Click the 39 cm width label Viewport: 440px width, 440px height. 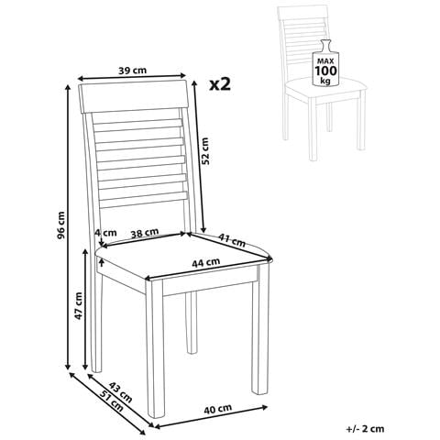pos(132,71)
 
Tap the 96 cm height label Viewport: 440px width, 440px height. pos(61,225)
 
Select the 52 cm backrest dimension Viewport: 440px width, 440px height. pos(205,151)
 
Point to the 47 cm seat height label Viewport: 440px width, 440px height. pos(79,306)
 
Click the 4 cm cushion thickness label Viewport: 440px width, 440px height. pos(105,233)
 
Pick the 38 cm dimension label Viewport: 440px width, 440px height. pos(145,233)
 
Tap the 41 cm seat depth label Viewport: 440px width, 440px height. pos(232,240)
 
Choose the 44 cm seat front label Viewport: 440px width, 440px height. pos(206,262)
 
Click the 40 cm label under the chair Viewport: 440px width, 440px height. pos(218,409)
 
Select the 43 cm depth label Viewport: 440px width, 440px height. pos(121,392)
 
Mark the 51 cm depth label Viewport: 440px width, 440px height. pos(112,401)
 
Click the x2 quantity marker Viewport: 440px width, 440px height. pos(220,83)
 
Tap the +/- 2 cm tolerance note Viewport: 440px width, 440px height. pos(365,429)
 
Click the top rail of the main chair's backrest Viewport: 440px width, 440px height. pos(133,96)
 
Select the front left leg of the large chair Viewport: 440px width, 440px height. pos(155,348)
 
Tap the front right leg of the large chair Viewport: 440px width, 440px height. pos(260,329)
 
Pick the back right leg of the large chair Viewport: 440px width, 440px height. pos(192,323)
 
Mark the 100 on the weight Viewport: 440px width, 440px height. pos(326,71)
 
